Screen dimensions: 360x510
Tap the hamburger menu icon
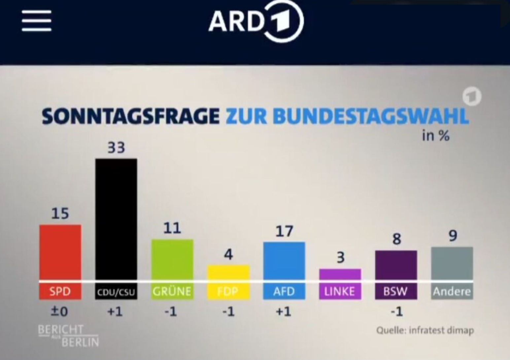click(36, 20)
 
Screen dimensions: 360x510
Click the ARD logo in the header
click(256, 21)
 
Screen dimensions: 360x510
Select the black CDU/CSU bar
click(116, 220)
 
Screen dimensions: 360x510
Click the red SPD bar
click(60, 253)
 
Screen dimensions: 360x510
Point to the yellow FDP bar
click(228, 272)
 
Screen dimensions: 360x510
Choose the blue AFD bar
click(284, 261)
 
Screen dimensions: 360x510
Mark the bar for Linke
click(340, 275)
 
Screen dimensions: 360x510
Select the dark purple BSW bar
click(396, 266)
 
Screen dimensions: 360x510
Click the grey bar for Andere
click(452, 264)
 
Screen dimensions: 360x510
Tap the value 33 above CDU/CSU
click(116, 148)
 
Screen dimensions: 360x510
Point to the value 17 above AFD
click(284, 231)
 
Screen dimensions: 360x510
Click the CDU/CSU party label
click(116, 292)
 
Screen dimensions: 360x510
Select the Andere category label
click(452, 292)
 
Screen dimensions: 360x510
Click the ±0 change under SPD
click(60, 311)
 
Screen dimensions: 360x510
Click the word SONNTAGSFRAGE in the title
click(130, 116)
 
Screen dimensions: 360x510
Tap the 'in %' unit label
click(436, 135)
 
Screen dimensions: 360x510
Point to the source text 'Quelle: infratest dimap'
click(425, 330)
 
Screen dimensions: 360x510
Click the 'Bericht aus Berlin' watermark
click(69, 335)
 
